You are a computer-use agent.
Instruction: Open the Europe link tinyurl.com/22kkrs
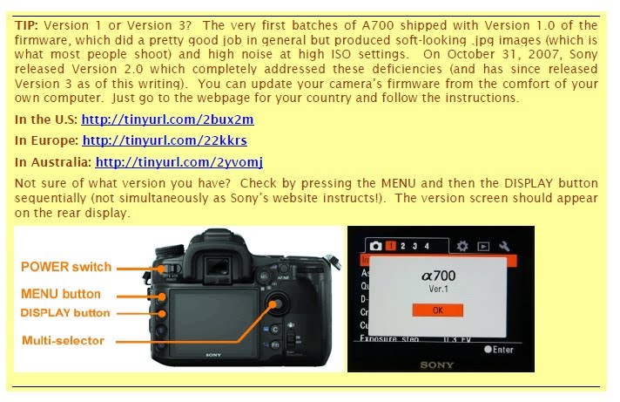[x=165, y=140]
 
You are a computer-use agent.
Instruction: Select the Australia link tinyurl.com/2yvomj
[x=179, y=161]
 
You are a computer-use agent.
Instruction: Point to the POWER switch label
[x=66, y=267]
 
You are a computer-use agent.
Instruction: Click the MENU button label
[x=61, y=294]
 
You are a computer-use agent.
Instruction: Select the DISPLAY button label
[x=65, y=312]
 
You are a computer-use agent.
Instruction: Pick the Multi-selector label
[x=63, y=340]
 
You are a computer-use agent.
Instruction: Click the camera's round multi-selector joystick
[x=278, y=303]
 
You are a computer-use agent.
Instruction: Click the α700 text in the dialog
[x=438, y=276]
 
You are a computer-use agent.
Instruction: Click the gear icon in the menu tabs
[x=462, y=246]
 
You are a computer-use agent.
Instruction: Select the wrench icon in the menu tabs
[x=504, y=246]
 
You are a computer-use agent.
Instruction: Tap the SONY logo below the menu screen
[x=438, y=364]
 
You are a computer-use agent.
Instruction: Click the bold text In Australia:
[x=53, y=161]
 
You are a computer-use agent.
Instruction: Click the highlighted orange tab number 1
[x=391, y=246]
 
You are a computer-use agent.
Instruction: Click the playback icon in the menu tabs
[x=483, y=246]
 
